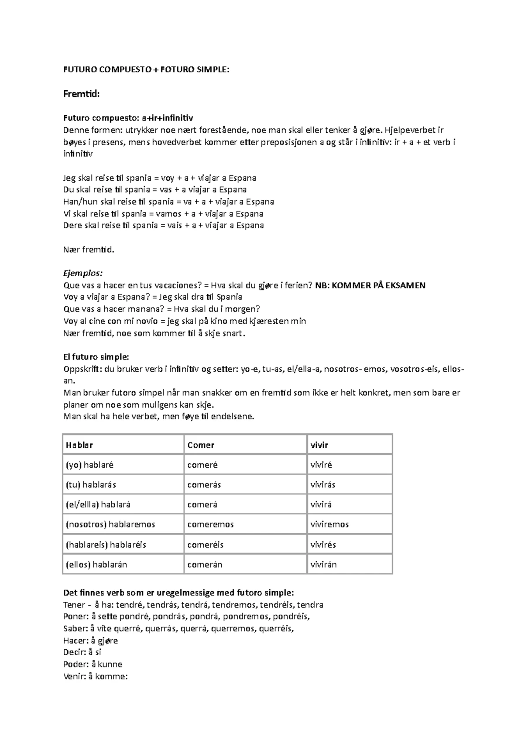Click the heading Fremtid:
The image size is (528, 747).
82,94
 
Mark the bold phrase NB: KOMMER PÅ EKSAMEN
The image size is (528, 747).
370,285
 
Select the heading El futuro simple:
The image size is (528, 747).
96,357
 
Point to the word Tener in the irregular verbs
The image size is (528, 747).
74,604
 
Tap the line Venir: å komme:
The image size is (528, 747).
95,676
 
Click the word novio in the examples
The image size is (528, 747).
146,321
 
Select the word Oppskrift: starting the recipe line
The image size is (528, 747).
82,369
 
